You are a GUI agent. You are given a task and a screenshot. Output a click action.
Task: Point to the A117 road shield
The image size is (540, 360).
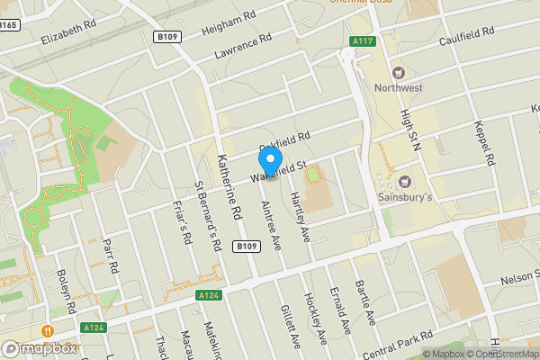[x=363, y=41]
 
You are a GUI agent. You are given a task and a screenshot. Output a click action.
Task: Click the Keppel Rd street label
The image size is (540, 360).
[x=488, y=147]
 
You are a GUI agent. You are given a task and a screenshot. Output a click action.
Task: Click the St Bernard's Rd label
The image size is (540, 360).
[x=208, y=216]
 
